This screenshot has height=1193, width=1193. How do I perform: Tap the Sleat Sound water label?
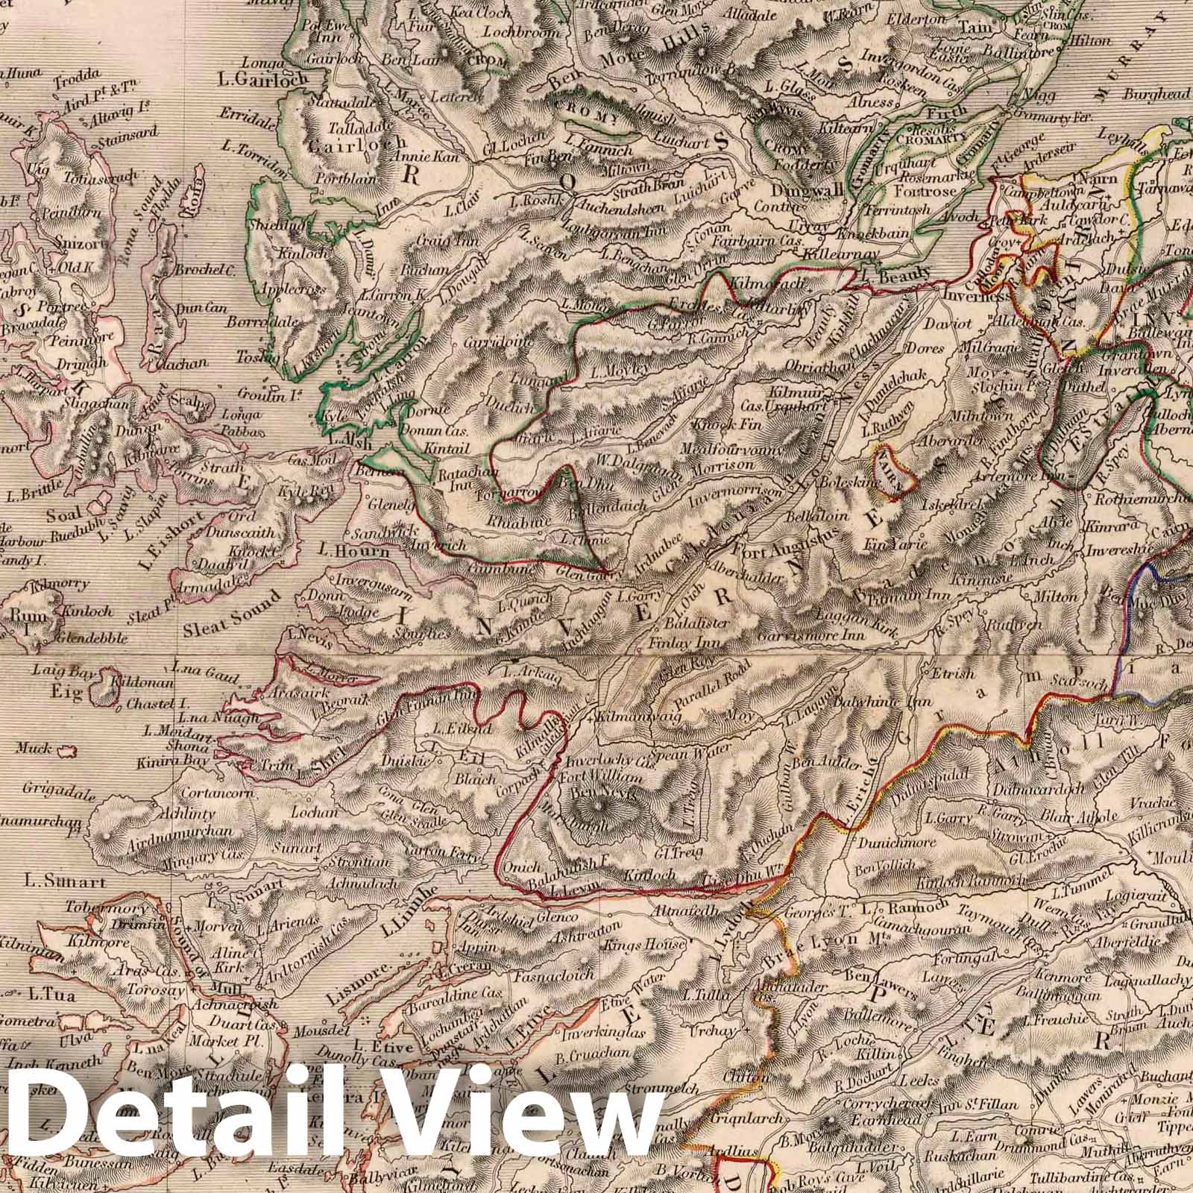tap(231, 611)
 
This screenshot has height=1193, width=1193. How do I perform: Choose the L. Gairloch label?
tap(254, 76)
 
